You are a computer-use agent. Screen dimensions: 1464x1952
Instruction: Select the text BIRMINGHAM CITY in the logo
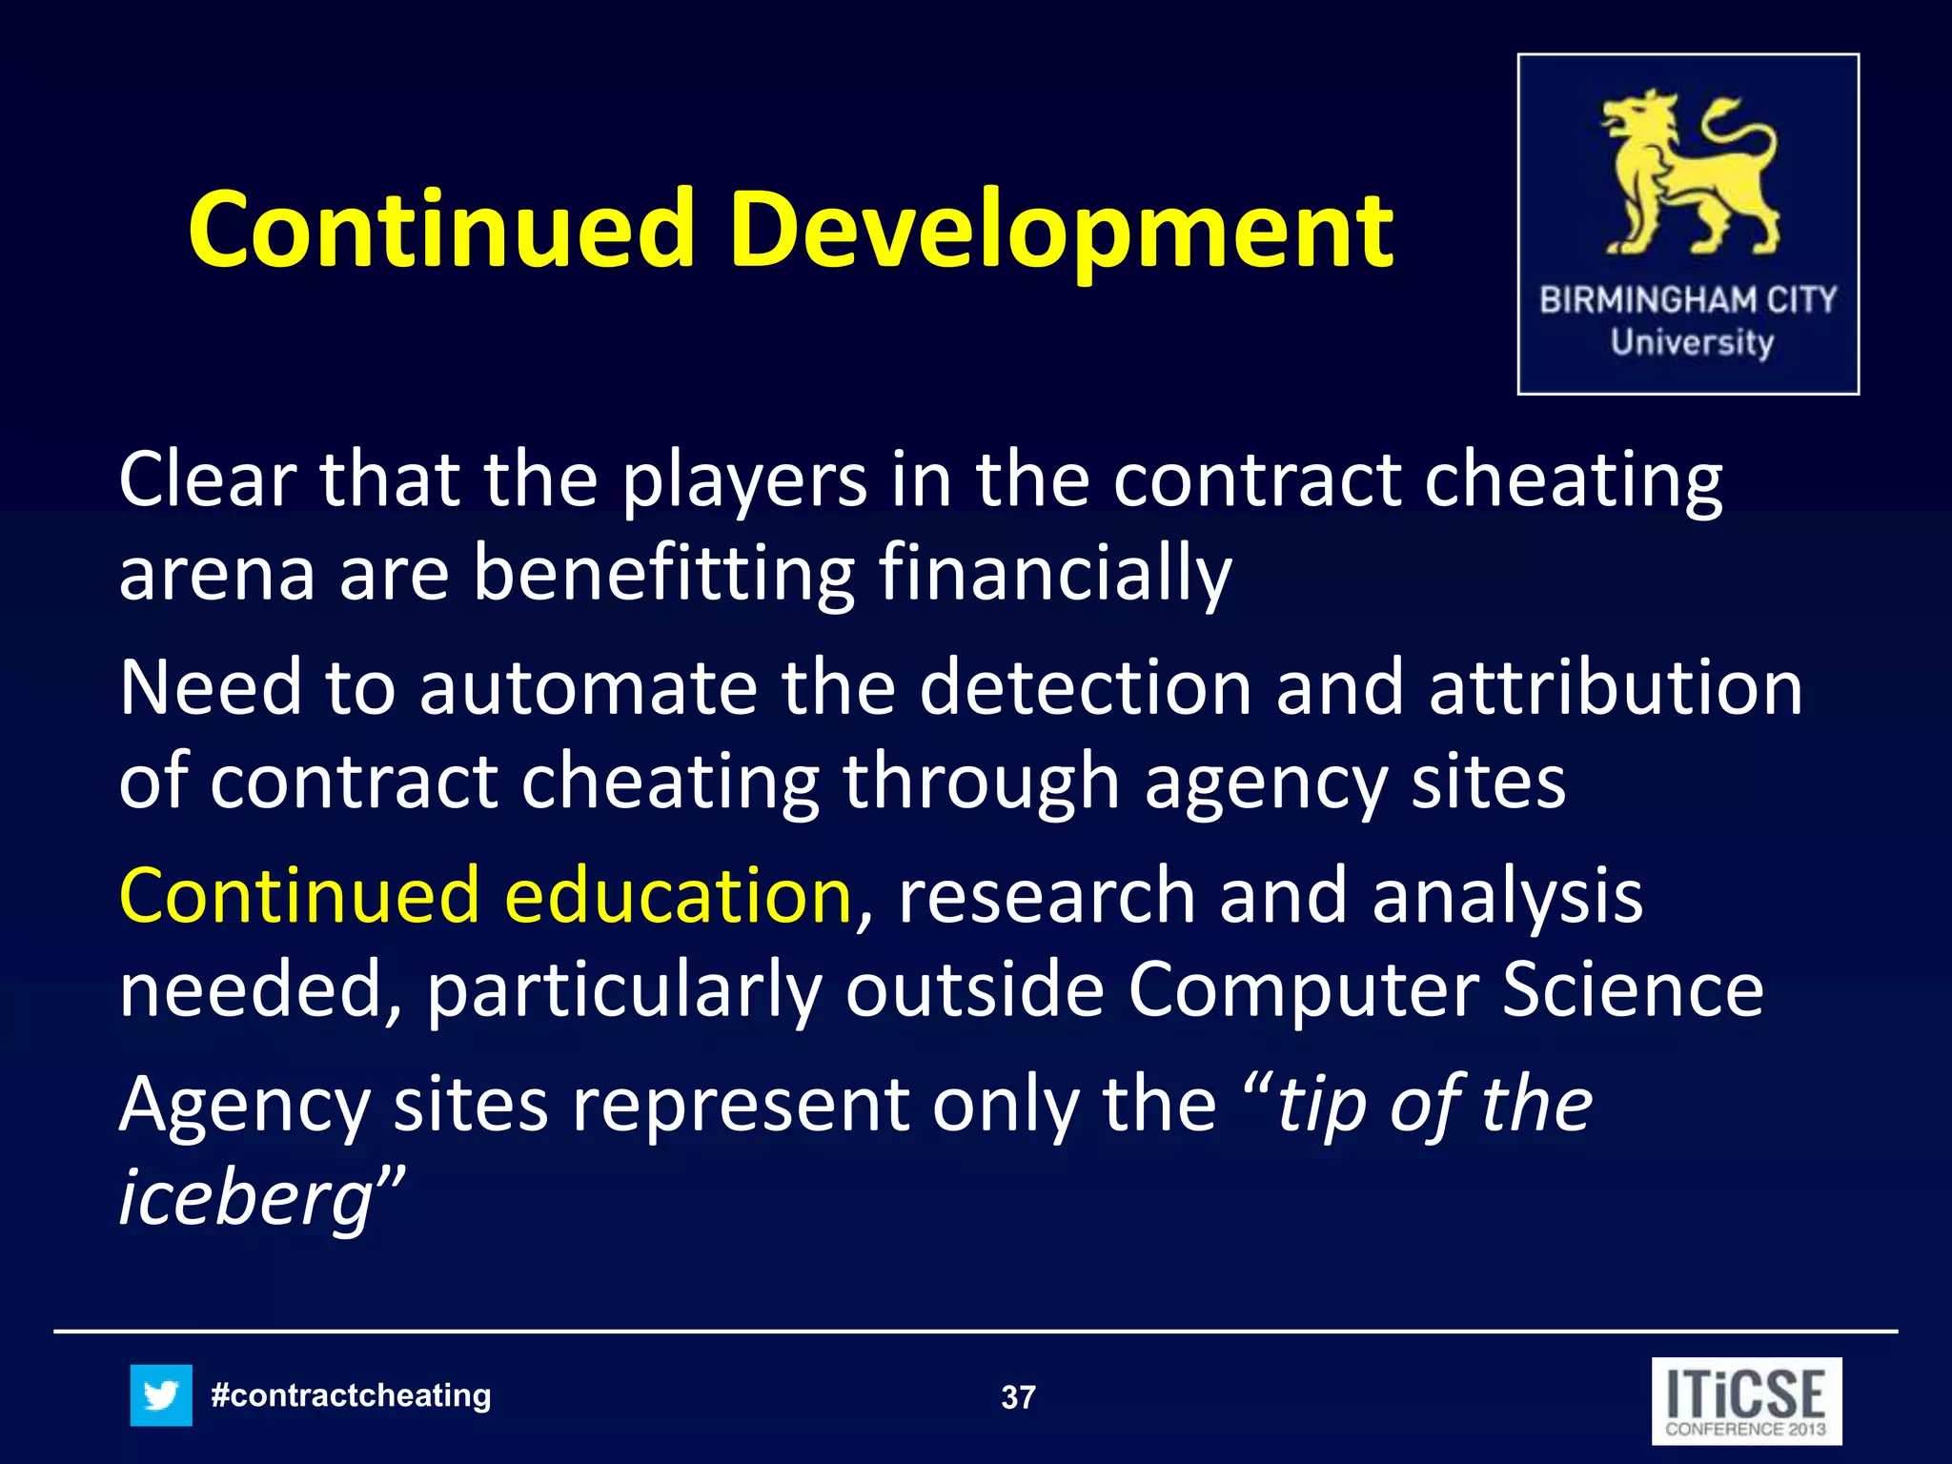pos(1688,300)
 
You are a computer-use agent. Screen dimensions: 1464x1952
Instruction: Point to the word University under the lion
pos(1692,341)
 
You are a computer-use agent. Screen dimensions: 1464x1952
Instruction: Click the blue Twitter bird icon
pos(161,1395)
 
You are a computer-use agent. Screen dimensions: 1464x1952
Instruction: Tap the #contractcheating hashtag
pos(351,1395)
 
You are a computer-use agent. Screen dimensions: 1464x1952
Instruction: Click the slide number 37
pos(1018,1397)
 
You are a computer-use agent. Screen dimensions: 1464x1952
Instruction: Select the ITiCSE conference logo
pos(1746,1401)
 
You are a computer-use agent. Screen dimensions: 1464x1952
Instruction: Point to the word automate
pos(588,688)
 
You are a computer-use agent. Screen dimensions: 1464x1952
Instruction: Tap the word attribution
pos(1616,688)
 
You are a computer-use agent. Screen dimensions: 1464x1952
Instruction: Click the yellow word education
pos(678,896)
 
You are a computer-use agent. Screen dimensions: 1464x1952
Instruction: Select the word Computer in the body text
pos(1302,989)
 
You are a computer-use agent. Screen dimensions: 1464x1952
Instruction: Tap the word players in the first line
pos(744,480)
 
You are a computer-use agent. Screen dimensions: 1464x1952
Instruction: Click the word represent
pos(740,1106)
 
